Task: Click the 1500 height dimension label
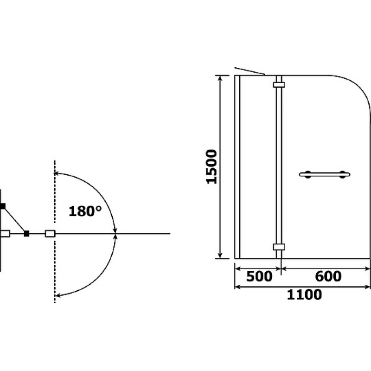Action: (211, 166)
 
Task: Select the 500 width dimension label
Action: (259, 276)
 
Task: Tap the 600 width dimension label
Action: (328, 276)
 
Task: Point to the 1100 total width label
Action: (304, 294)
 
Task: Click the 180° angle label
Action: (85, 211)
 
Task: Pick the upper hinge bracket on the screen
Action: (279, 85)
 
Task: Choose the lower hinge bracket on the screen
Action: (279, 247)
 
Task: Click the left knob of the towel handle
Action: (307, 174)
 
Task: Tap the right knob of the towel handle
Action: (342, 174)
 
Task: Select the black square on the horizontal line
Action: (26, 234)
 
